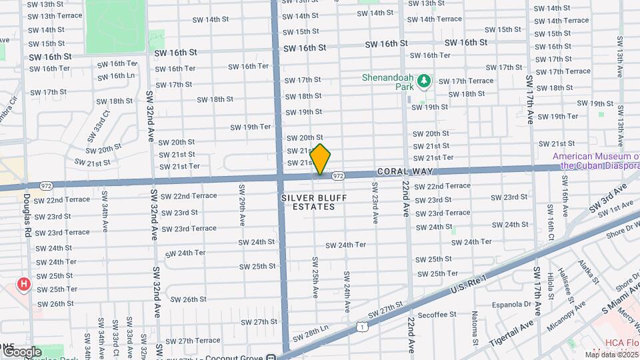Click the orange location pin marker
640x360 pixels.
pyautogui.click(x=321, y=160)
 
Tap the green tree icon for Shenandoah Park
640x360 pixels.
pyautogui.click(x=424, y=81)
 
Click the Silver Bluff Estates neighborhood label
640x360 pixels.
pyautogui.click(x=307, y=202)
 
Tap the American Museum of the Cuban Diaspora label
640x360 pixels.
pyautogui.click(x=596, y=161)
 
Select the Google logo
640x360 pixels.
pyautogui.click(x=22, y=351)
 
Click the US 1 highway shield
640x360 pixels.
pyautogui.click(x=361, y=326)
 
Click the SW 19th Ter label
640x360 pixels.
pyautogui.click(x=251, y=127)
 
